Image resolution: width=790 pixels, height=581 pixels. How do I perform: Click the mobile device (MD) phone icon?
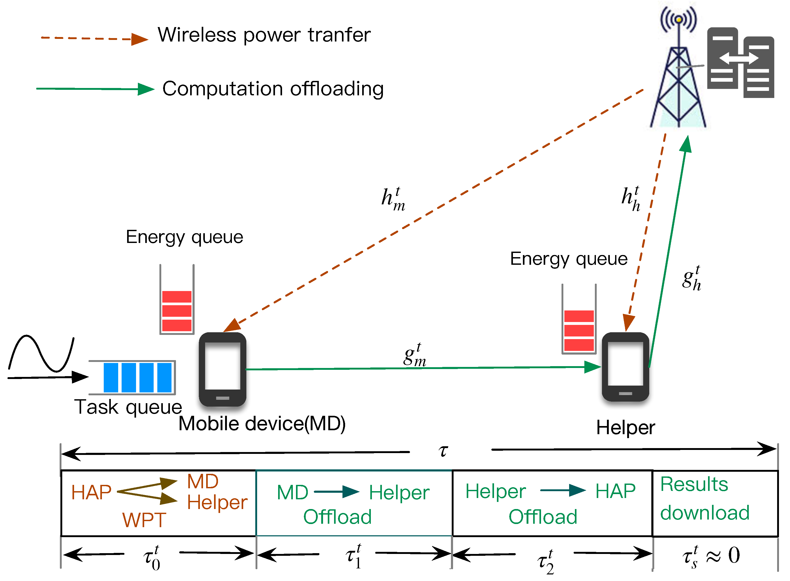222,369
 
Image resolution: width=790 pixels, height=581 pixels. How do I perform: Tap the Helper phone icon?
625,367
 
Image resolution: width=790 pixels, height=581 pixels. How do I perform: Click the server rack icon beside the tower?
740,63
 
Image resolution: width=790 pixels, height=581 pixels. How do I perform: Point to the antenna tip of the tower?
679,19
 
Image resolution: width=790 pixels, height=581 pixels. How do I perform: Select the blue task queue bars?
137,377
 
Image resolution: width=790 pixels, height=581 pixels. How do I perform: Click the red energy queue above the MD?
176,310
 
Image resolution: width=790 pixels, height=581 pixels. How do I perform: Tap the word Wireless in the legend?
196,35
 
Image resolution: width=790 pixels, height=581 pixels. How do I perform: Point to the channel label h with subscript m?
392,199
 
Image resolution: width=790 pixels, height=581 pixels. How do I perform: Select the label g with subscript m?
414,355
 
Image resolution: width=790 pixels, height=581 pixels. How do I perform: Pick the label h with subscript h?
630,199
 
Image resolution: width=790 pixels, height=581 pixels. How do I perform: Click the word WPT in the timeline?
144,520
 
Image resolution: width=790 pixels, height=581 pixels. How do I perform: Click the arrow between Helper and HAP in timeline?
562,490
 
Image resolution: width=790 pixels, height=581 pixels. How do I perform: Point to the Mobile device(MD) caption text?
262,423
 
